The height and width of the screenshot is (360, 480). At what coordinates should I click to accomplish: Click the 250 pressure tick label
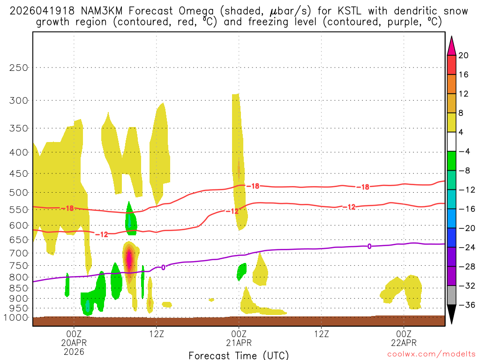[x=19, y=67]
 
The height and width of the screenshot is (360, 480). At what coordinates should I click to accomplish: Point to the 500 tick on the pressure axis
[x=19, y=192]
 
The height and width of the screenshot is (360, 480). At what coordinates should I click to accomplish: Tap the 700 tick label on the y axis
[x=19, y=253]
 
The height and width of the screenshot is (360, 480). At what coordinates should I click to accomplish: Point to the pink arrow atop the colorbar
[x=451, y=45]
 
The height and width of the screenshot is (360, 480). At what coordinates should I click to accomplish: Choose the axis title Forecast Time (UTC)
[x=239, y=355]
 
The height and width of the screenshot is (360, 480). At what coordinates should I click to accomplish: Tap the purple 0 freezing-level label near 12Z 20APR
[x=163, y=267]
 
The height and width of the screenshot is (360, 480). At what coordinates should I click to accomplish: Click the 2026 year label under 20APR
[x=74, y=351]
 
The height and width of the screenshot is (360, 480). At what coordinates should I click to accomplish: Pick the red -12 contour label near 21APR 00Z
[x=232, y=211]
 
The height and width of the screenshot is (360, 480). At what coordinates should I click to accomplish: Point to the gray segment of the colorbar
[x=451, y=295]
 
